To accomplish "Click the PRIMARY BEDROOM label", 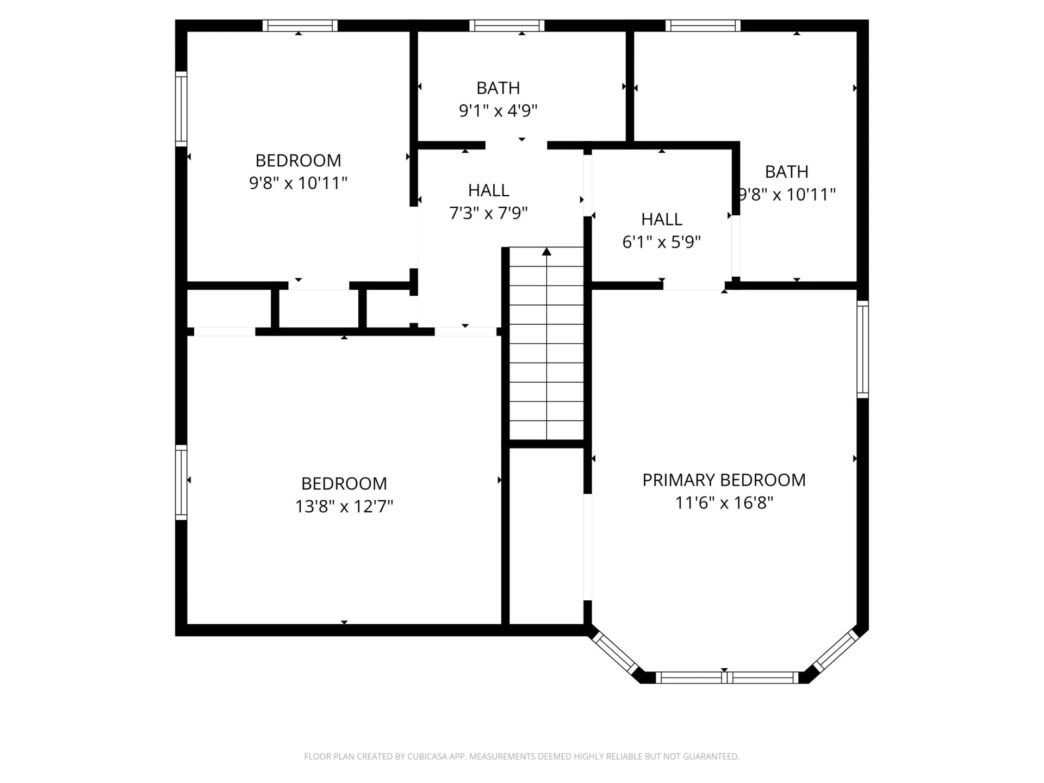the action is click(724, 480).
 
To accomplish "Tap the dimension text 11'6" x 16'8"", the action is click(724, 503).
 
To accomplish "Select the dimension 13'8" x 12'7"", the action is click(344, 506).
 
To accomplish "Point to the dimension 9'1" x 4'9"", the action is click(498, 110).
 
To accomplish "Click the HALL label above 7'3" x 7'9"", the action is click(489, 190).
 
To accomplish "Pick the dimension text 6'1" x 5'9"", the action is click(661, 242).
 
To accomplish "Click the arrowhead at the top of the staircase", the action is click(546, 251).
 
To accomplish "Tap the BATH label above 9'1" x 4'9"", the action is click(498, 88).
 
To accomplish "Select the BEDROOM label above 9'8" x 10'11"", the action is click(298, 160).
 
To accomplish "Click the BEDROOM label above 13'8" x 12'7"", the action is click(344, 483).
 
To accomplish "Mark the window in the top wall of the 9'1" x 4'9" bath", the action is click(507, 26).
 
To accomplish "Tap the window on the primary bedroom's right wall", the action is click(863, 349).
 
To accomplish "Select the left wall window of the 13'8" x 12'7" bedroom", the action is click(181, 482).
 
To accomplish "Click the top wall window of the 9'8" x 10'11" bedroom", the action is click(300, 26).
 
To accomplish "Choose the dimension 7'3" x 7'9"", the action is click(489, 213).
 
